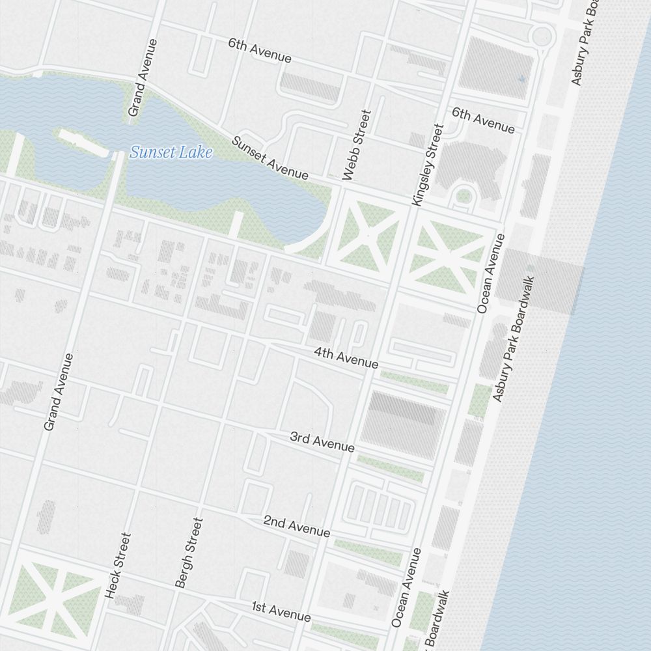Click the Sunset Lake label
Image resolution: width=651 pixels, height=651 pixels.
(171, 153)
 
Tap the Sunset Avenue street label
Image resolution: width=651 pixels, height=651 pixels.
(270, 158)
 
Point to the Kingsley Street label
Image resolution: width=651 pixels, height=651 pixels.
(427, 166)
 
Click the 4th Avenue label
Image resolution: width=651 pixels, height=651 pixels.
(346, 357)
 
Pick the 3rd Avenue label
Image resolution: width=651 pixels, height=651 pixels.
(322, 441)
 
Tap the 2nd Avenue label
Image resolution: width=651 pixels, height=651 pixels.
(296, 526)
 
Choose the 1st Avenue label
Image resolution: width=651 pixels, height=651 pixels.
(281, 611)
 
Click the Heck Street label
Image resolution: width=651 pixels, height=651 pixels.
(118, 566)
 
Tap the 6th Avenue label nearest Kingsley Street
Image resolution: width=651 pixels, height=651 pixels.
(483, 120)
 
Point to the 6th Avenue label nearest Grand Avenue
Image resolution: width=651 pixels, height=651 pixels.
(260, 51)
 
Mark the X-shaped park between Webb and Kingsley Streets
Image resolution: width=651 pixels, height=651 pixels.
(367, 233)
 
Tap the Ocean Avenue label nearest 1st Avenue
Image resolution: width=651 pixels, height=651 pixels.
(406, 587)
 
